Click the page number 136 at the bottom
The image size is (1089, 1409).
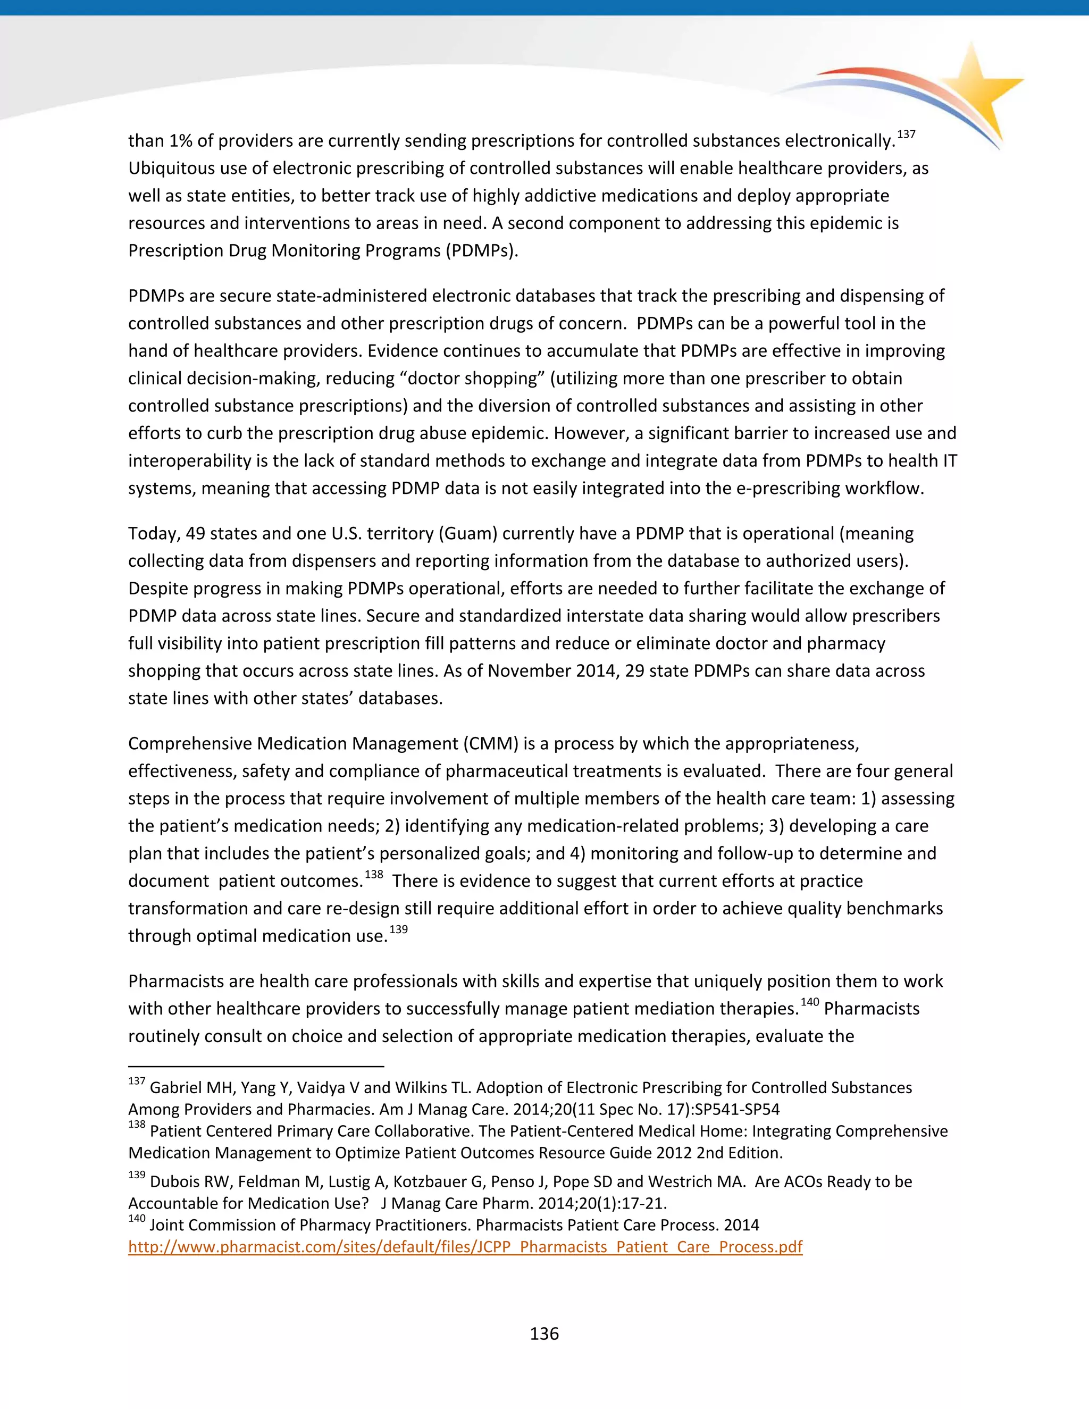point(544,1333)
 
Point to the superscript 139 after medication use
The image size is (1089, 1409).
point(398,929)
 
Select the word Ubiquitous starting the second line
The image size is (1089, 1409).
point(169,169)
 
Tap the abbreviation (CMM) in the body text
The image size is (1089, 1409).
point(490,744)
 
